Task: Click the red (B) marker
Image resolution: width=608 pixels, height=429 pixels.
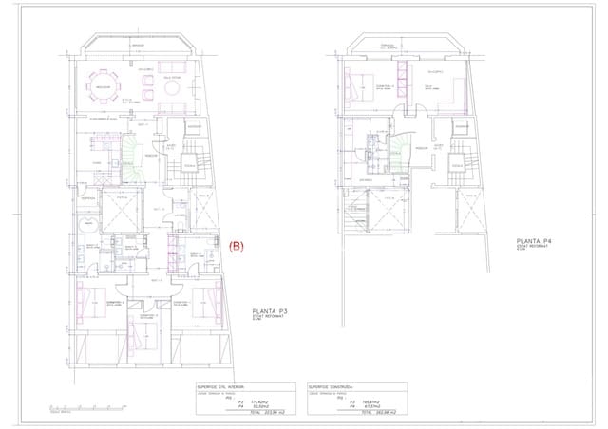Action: pos(237,245)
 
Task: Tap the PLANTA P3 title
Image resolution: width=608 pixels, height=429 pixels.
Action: pos(273,311)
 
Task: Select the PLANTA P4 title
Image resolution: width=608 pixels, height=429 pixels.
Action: pos(534,242)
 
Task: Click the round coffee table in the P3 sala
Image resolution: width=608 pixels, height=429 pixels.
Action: pos(171,87)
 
